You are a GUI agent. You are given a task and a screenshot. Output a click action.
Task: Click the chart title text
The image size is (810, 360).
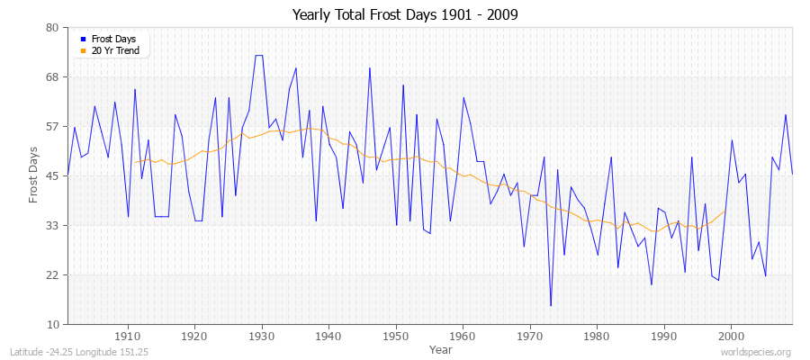[x=405, y=15]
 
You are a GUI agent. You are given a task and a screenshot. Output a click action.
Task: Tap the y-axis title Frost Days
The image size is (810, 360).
[x=34, y=175]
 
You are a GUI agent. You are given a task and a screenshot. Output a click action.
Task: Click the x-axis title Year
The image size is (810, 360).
[x=441, y=348]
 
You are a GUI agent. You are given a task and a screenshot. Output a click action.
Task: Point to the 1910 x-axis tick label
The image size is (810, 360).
[x=128, y=336]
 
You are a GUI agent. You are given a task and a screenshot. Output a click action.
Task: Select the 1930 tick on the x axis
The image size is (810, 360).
[x=262, y=336]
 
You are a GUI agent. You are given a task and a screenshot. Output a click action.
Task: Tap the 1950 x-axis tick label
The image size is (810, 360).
[x=396, y=336]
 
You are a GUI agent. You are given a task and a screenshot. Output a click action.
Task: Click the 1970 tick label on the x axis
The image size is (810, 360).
[x=530, y=336]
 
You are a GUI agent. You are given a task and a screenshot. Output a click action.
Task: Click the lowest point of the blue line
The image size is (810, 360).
[x=551, y=306]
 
